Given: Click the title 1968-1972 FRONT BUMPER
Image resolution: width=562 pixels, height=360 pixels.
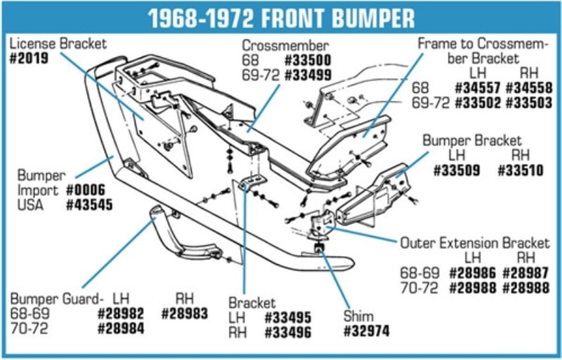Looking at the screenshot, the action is (x=282, y=18).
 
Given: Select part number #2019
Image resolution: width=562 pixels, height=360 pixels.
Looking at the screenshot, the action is (x=29, y=58).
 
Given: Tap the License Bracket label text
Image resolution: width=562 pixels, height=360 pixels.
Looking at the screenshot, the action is (x=58, y=44).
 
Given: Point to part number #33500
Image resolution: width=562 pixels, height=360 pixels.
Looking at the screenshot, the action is (x=308, y=60).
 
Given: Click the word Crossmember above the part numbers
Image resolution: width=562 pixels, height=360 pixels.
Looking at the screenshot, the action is (x=285, y=46).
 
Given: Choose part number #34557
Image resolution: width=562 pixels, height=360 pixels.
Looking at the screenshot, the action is (x=478, y=88).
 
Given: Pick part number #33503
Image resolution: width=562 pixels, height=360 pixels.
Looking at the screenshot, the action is (x=529, y=103).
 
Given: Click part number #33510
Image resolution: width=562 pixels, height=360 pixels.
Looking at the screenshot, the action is (x=521, y=170).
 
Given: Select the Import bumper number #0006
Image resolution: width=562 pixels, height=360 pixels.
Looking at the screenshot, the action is (x=86, y=191).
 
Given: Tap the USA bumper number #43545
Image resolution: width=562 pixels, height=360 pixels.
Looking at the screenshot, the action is (x=90, y=205).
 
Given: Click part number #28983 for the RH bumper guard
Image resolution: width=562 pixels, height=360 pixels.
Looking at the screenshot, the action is (x=185, y=314).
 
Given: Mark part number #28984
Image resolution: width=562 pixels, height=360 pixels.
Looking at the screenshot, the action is (x=121, y=328).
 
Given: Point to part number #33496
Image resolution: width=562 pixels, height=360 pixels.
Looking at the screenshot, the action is (x=288, y=333).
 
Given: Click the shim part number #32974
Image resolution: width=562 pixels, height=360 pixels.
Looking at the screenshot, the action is (x=366, y=331).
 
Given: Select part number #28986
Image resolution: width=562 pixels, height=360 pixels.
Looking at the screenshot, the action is (x=472, y=274).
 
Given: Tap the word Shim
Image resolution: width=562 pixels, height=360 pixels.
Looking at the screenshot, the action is (x=358, y=316).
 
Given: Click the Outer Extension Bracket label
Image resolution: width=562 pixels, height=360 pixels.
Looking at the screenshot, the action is (x=475, y=243).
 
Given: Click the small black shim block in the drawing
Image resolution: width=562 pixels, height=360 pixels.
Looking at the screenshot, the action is (x=319, y=247).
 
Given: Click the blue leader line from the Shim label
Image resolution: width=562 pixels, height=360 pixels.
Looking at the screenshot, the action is (x=334, y=278).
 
